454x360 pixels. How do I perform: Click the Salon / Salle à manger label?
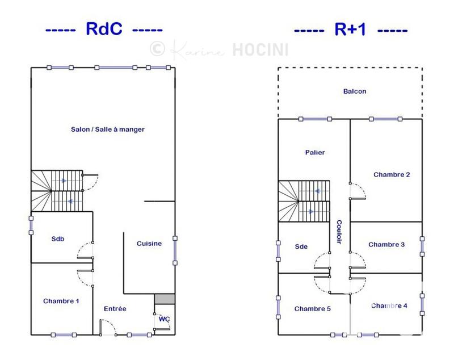[x=108, y=129]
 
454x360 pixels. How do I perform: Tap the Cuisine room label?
[x=149, y=244]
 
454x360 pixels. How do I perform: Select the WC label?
[x=164, y=319]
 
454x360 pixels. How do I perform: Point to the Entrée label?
[x=115, y=309]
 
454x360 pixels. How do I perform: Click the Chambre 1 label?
[x=61, y=302]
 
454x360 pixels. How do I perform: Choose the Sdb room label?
[x=58, y=239]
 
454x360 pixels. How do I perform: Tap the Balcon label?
[x=355, y=91]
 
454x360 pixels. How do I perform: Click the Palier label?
[x=315, y=153]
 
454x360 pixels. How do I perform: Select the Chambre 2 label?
[x=392, y=175]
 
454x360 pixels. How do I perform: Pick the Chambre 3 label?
[x=386, y=245]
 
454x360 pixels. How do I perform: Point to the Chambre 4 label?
[x=389, y=306]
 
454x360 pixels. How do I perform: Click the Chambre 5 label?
[x=312, y=309]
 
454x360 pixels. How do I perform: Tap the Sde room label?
[x=301, y=246]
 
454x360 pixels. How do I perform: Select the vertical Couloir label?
[x=339, y=232]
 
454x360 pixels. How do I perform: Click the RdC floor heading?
[x=104, y=29]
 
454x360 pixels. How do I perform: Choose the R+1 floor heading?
[x=350, y=29]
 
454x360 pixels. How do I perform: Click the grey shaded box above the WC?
[x=165, y=299]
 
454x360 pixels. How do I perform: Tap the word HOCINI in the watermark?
[x=260, y=50]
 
